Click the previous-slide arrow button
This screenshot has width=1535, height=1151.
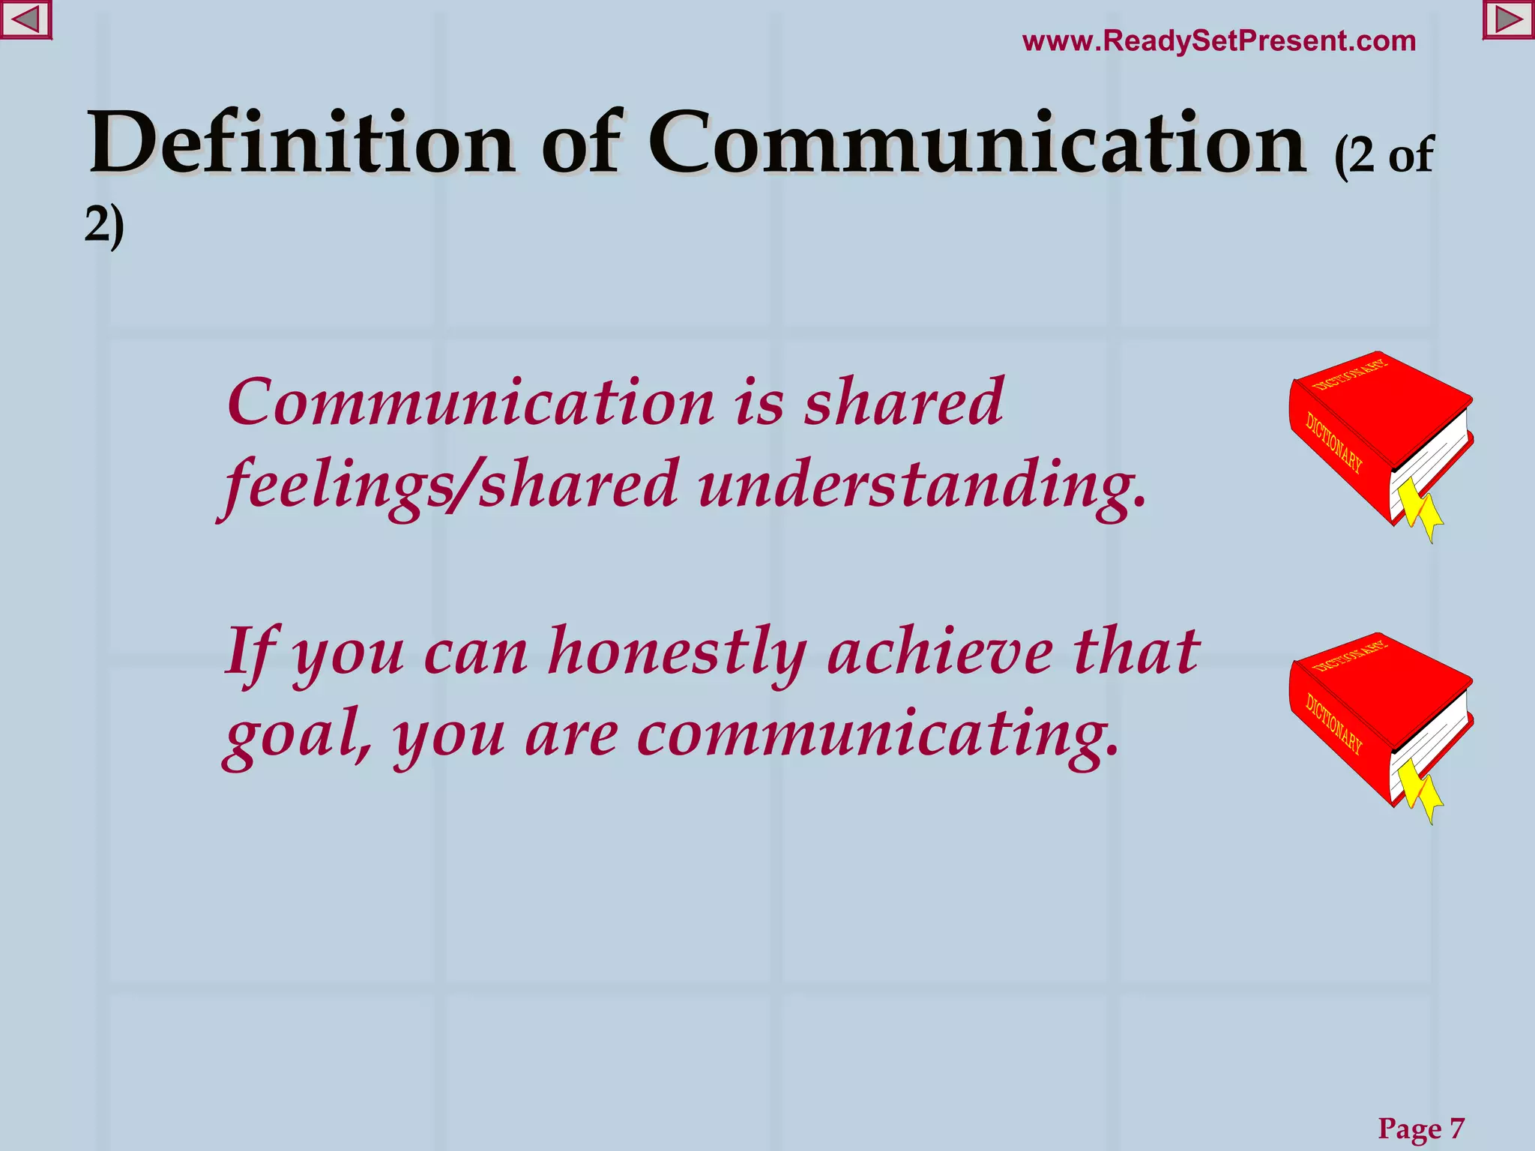coord(25,20)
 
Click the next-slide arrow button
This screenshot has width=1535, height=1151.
coord(1508,20)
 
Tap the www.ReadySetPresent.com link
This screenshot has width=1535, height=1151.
coord(1219,41)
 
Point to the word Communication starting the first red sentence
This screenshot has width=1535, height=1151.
coord(471,402)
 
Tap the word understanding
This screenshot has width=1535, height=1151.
coord(921,485)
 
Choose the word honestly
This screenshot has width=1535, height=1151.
coord(677,652)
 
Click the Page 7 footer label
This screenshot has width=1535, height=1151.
coord(1420,1129)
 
